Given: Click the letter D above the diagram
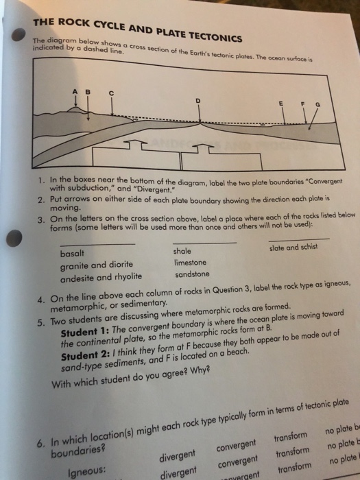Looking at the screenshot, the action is [197, 99].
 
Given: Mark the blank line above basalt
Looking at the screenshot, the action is [97, 244].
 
